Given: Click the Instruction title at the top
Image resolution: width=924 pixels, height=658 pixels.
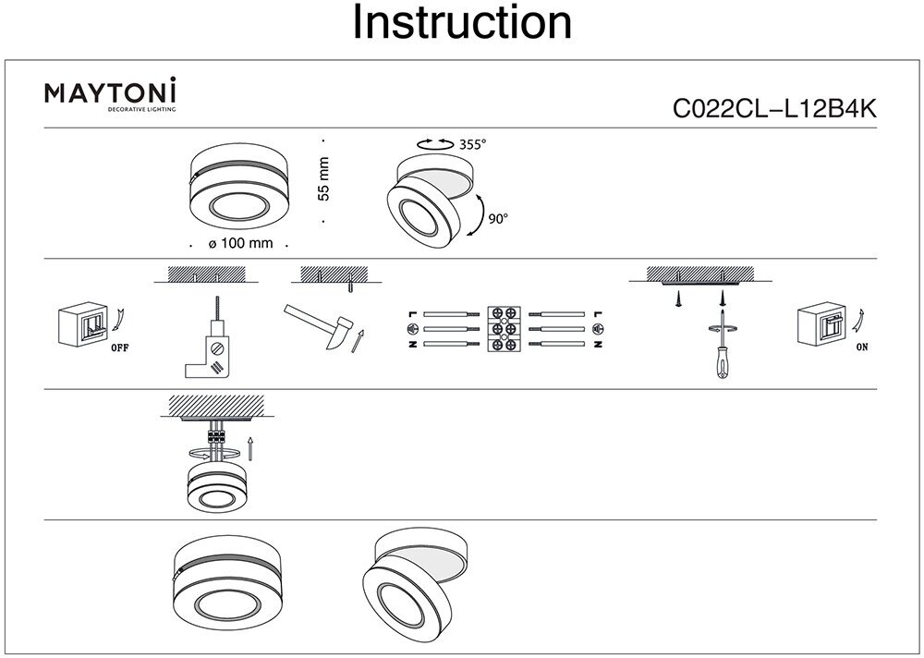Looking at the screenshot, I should pyautogui.click(x=462, y=24).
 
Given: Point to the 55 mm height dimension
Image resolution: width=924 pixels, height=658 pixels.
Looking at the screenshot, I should pyautogui.click(x=323, y=180).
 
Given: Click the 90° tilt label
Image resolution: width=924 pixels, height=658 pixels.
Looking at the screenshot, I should pyautogui.click(x=499, y=220).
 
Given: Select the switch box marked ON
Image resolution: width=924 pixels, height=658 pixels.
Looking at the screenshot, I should pyautogui.click(x=821, y=325).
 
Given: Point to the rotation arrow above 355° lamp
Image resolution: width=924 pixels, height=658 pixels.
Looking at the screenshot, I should pyautogui.click(x=428, y=143).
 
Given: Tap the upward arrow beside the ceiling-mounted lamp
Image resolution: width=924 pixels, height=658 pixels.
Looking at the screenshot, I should pyautogui.click(x=251, y=449).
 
